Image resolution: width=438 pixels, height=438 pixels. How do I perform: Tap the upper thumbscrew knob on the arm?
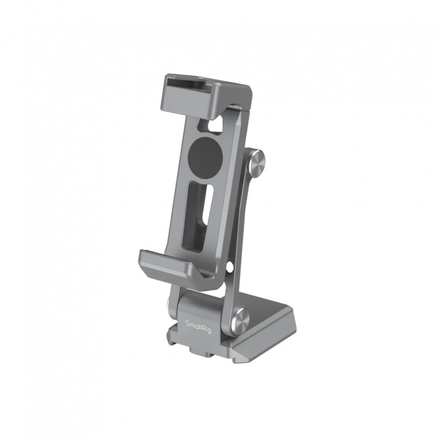point(257,164)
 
